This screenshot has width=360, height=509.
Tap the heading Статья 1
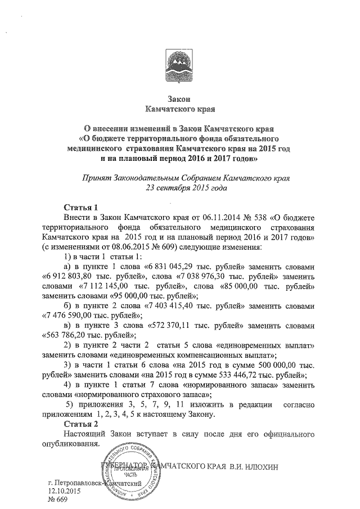82,207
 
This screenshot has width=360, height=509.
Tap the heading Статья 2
82,423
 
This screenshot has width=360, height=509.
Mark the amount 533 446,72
244,376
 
